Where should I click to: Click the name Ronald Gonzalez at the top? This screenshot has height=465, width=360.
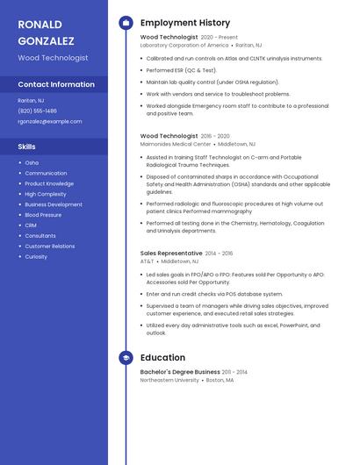coord(46,32)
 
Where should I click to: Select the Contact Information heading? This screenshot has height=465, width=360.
coord(56,84)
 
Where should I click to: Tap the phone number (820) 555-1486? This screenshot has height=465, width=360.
coord(37,111)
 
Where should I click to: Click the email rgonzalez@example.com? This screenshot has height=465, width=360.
coord(49,121)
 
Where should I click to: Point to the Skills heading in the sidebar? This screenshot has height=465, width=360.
coord(27,147)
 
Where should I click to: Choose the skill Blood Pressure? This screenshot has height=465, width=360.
coord(43,215)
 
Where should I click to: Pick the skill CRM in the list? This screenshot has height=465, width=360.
coord(31,225)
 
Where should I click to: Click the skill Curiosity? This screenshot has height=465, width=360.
coord(36,257)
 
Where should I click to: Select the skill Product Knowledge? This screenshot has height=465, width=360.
coord(49,183)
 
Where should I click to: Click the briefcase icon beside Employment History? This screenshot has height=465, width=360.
coord(126,23)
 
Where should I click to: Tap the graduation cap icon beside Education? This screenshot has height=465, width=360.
coord(126,358)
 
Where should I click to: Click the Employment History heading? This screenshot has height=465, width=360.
coord(185,23)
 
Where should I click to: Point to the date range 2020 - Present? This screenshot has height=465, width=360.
coord(220,38)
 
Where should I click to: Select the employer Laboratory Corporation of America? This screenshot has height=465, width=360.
coord(184,45)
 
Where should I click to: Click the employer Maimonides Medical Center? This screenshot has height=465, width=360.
coord(176,143)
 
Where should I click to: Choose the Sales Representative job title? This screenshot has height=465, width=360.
coord(171,253)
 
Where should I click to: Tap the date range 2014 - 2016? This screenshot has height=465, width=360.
coord(220,253)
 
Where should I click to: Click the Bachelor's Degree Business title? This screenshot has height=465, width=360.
coord(180,372)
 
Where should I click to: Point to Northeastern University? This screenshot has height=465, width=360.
coord(169,380)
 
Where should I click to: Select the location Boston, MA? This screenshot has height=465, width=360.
coord(220,380)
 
